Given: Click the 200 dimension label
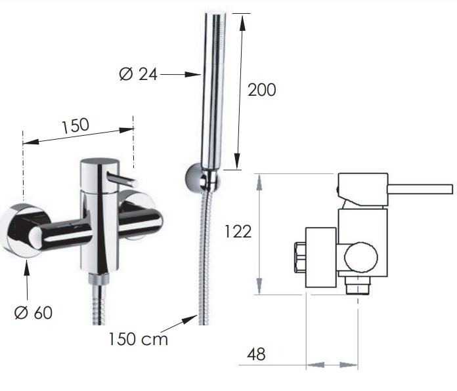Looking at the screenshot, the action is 261,90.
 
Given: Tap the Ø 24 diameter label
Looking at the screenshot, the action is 138,74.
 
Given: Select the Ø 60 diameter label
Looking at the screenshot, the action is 33,313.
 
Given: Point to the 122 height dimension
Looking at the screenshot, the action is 238,232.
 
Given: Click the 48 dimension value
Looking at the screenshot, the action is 256,354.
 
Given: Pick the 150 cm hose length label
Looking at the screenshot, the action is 138,339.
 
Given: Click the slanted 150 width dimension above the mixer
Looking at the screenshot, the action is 76,126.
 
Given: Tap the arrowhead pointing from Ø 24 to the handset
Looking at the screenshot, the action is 193,75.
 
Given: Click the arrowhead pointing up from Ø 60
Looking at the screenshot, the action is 26,268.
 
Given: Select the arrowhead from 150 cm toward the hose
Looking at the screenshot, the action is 190,319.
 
